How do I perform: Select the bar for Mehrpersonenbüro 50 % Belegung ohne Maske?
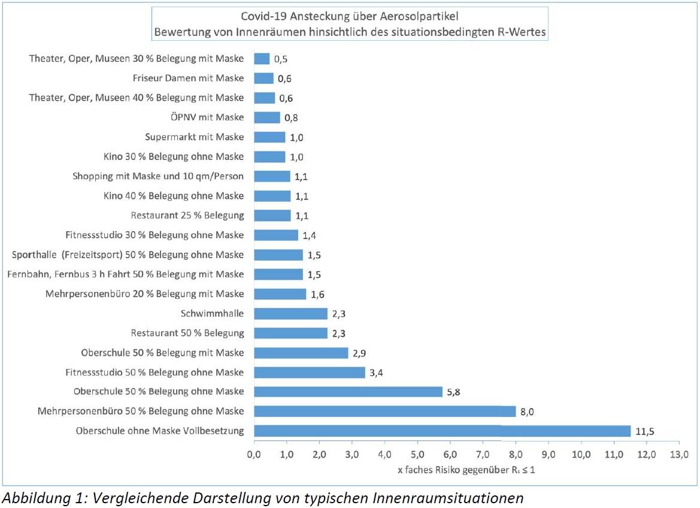384,411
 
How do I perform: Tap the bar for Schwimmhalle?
291,313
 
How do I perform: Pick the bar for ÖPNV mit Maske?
267,117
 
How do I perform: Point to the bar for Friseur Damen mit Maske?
263,78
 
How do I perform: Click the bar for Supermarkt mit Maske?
270,137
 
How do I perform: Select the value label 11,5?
645,431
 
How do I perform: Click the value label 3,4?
377,373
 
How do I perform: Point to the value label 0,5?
281,59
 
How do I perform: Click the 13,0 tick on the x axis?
678,453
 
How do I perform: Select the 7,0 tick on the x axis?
483,453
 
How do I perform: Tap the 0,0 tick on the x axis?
254,453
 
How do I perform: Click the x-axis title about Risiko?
466,470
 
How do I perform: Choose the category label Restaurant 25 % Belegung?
187,215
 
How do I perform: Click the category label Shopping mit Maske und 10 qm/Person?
158,176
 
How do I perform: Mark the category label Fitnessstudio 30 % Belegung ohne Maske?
154,235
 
